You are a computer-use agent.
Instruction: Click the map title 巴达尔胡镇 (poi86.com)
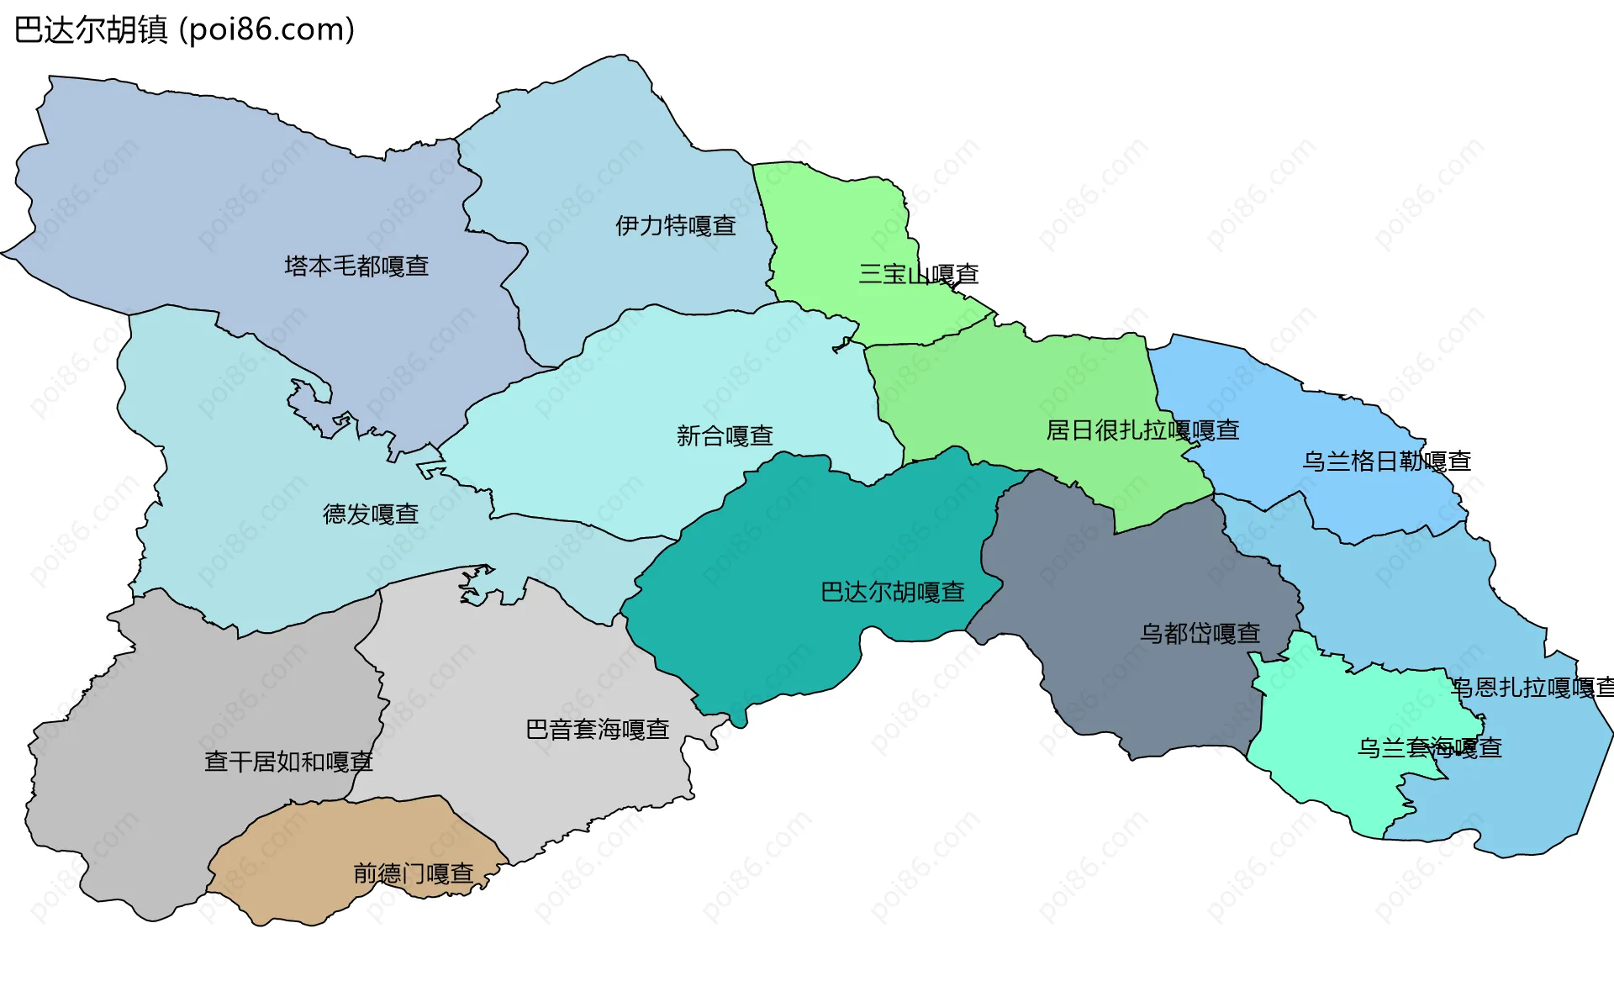185,30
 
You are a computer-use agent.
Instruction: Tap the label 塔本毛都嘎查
356,266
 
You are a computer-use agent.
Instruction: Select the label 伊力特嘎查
675,226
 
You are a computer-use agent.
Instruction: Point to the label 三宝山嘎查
918,275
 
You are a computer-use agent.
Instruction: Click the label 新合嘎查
725,436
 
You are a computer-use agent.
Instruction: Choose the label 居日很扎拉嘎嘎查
1142,431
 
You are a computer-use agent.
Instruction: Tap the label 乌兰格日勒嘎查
1386,461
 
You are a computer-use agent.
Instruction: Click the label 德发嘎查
371,514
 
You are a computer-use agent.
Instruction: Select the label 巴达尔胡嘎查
892,593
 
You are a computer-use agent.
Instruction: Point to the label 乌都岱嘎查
1200,634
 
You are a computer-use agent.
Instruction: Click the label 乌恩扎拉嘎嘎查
1532,688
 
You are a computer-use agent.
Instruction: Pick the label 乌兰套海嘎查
1429,748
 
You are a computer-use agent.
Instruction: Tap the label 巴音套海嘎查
597,730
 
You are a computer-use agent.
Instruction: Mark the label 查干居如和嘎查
288,762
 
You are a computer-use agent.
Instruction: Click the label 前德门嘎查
413,874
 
